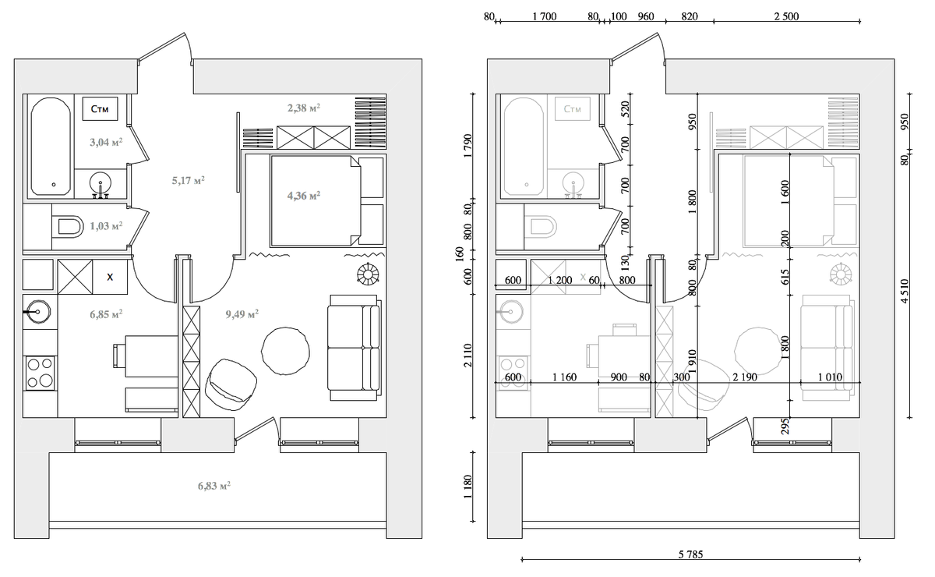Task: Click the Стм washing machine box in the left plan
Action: pos(100,108)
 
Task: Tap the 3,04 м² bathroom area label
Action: pos(106,142)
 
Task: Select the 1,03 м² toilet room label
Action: pos(106,226)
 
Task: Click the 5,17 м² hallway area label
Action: pos(189,180)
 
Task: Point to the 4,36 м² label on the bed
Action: pos(304,195)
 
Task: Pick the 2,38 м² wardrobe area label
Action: pos(304,108)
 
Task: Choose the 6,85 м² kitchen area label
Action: pos(106,313)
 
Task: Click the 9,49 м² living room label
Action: pos(242,313)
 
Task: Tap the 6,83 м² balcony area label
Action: pos(214,486)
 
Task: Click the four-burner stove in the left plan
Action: pos(40,373)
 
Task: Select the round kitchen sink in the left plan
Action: pos(38,312)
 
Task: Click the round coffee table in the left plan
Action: pos(285,351)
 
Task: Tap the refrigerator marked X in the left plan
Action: pos(110,277)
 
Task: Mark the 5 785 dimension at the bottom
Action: pos(690,554)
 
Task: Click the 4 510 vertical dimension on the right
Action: pos(904,291)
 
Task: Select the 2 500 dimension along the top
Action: pos(786,16)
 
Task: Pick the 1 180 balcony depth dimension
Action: pos(467,487)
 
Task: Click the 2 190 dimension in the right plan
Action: pos(745,377)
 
